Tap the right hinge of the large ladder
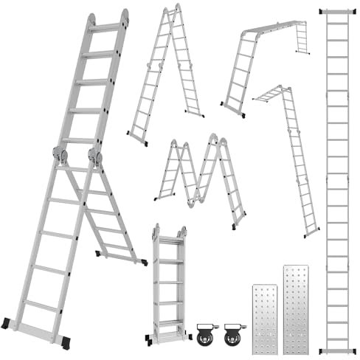click(94, 157)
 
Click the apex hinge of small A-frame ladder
click(176, 9)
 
